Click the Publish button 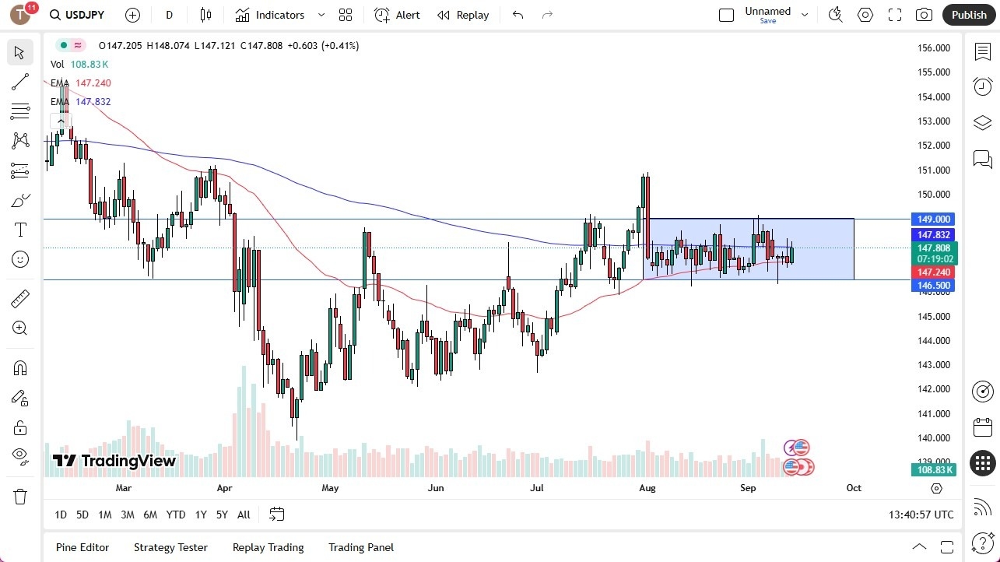pos(968,15)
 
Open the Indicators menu pos(279,15)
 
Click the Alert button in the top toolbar pos(397,15)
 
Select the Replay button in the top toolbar pos(463,15)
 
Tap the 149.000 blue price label pos(934,220)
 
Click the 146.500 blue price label pos(934,286)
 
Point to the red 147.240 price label pos(934,272)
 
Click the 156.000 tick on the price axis pos(934,48)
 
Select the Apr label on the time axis pos(225,488)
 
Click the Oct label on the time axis pos(854,488)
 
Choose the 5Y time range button pos(222,515)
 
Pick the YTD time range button pos(176,515)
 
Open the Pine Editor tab pos(82,547)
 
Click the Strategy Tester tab pos(170,547)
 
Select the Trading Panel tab pos(361,547)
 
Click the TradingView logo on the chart pos(114,461)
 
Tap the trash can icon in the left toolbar pos(20,497)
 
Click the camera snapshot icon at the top pos(924,15)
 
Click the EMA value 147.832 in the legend pos(93,102)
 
